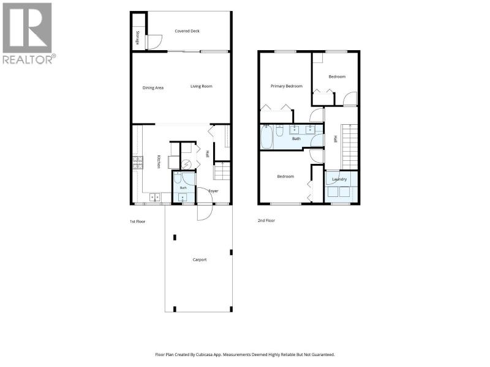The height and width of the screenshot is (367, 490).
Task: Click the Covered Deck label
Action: (187, 31)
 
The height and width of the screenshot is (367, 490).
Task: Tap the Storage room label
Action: (137, 38)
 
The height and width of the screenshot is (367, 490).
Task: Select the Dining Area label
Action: (153, 87)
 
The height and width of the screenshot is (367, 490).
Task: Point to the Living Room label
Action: (202, 86)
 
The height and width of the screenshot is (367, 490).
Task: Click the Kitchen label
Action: (159, 161)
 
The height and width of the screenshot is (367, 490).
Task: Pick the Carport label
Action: (200, 259)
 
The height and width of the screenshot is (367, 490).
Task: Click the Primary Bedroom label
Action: (287, 86)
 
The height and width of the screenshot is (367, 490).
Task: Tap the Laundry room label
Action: (339, 179)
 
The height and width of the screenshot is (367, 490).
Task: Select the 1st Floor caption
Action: (137, 221)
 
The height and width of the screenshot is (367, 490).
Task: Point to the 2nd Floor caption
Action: (266, 220)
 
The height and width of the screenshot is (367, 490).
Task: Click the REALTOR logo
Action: (29, 34)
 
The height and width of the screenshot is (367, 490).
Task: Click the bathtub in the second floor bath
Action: (266, 136)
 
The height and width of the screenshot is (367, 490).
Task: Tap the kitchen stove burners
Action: (138, 163)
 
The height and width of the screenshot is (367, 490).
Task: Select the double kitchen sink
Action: (155, 197)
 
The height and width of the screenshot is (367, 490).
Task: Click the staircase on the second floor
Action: (350, 147)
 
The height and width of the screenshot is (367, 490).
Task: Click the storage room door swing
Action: (155, 42)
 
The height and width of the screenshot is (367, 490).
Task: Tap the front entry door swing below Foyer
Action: (205, 212)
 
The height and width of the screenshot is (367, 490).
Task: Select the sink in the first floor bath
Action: (182, 198)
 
